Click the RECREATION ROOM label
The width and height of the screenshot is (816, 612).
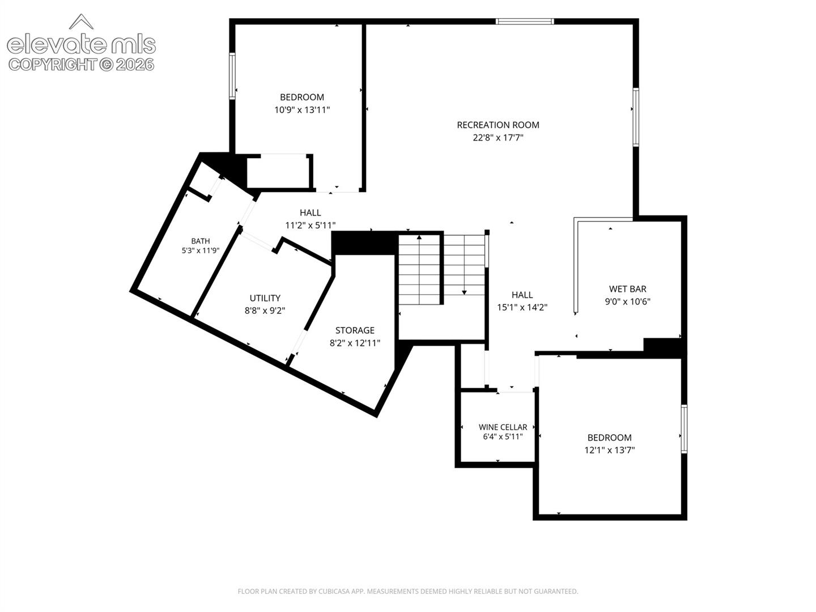pos(498,125)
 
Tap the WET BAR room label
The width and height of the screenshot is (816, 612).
pos(627,289)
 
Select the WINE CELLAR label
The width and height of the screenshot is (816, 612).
pos(503,427)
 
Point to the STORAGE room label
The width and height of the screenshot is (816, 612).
pos(355,330)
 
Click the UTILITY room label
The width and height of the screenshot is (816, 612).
pos(265,298)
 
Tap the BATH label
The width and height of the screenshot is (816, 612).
pos(201,241)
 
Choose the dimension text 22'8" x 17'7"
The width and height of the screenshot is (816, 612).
pos(498,138)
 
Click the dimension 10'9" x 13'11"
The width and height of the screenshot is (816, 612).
pos(302,110)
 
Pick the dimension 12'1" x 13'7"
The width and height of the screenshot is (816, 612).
pos(609,450)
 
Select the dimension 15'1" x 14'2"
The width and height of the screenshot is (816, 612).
pos(522,307)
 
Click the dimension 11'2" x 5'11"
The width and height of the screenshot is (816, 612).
pos(310,225)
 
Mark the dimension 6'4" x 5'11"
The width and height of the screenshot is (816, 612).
pos(503,436)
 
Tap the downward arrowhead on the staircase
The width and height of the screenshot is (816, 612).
pos(464,293)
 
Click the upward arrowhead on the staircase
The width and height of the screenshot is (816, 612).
pos(419,237)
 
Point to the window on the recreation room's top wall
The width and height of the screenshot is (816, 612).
pos(525,21)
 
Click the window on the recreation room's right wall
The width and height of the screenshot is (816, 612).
pos(636,117)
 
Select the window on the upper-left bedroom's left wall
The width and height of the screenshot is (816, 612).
pos(232,76)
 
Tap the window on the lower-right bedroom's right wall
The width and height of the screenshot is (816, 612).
pos(684,429)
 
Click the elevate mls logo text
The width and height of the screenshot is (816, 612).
pos(81,45)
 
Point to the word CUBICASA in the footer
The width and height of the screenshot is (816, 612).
pos(334,591)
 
